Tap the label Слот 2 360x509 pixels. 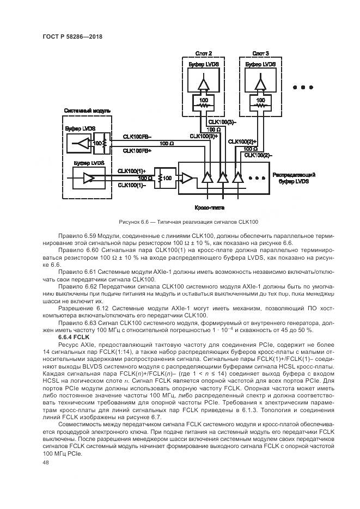pos(203,53)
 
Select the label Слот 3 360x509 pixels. pos(260,53)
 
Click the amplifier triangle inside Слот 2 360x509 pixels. pos(203,85)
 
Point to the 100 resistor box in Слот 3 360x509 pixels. pos(260,102)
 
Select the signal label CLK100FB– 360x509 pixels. pos(137,137)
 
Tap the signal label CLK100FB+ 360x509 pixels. pos(137,150)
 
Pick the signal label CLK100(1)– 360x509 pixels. pos(132,185)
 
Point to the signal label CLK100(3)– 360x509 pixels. pos(221,122)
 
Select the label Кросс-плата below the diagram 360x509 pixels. pos(209,207)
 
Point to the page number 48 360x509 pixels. pos(46,462)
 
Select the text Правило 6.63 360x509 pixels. pos(77,323)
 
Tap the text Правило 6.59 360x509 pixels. pos(77,235)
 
